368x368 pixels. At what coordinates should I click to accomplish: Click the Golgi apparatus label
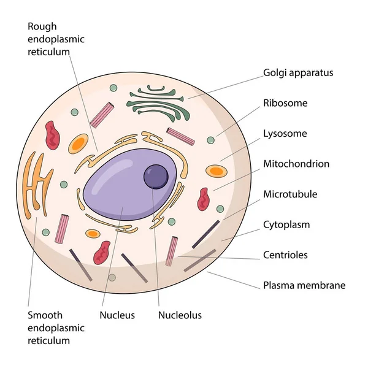coord(298,72)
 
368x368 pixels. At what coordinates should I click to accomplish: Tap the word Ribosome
coord(285,103)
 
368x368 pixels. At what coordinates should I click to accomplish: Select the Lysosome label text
coord(285,133)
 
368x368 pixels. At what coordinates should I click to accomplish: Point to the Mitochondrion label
coord(296,164)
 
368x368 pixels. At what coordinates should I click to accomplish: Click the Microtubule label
coord(290,194)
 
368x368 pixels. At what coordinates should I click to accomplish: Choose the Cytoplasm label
coord(286,224)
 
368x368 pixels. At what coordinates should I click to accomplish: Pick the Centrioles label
coord(285,255)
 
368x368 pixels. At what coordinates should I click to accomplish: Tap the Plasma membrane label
coord(304,285)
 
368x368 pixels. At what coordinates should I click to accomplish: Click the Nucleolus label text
coord(180,315)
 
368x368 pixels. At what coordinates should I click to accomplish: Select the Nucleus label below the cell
coord(117,315)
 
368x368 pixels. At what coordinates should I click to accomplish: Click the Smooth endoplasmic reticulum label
coord(56,328)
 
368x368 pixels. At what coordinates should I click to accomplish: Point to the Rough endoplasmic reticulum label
coord(56,39)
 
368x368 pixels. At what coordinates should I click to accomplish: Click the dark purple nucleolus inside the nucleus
coord(156,177)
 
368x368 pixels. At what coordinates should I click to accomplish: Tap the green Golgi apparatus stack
coord(156,102)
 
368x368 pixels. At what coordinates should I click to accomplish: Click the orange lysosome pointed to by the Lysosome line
coord(215,172)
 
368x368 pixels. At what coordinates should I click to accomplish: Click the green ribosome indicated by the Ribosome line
coord(210,140)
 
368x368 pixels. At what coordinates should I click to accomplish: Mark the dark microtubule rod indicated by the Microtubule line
coord(206,234)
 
